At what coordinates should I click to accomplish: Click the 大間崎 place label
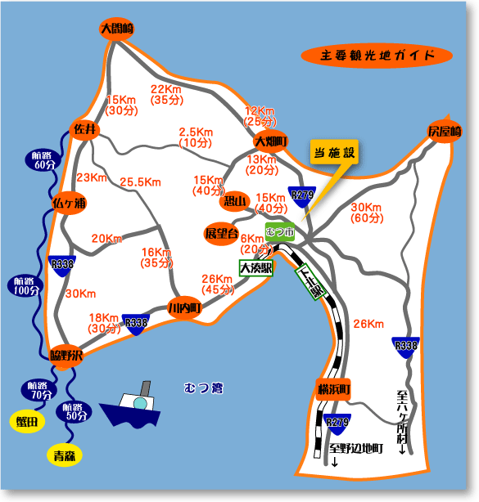click(x=116, y=29)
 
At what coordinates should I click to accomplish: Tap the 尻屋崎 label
click(x=445, y=132)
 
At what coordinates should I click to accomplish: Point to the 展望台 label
click(x=220, y=234)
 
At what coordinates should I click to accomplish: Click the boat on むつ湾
click(x=133, y=406)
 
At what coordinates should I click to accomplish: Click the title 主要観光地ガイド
click(x=376, y=56)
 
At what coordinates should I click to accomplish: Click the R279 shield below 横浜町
click(x=337, y=423)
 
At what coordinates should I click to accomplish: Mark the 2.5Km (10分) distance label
click(x=197, y=137)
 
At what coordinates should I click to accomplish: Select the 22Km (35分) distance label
click(x=165, y=95)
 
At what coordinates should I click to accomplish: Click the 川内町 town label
click(x=184, y=308)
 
